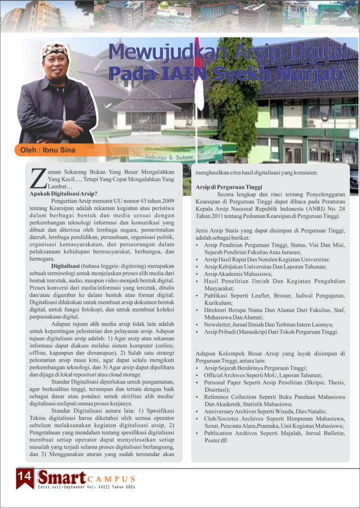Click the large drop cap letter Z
click(36, 178)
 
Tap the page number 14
click(24, 477)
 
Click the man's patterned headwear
click(55, 49)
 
